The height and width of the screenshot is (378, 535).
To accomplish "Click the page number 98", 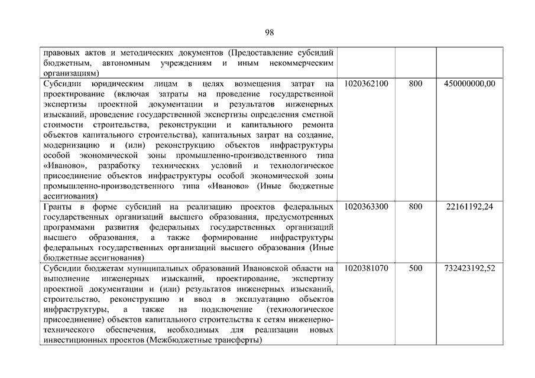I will coord(269,32).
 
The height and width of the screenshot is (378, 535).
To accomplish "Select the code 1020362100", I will coord(365,84).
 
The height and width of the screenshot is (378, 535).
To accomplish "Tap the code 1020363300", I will coord(365,207).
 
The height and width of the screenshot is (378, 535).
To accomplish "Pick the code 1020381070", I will coord(365,268).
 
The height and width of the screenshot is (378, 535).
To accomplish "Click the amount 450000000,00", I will coord(469,84).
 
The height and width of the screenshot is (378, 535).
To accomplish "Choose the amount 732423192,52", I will coord(469,268).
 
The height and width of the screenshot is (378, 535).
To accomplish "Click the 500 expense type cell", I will coord(416,268).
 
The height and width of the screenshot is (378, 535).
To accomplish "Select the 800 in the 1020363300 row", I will coord(416,207).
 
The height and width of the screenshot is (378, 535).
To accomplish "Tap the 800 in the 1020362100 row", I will coord(416,84).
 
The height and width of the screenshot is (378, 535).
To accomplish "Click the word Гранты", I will coord(59,207).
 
